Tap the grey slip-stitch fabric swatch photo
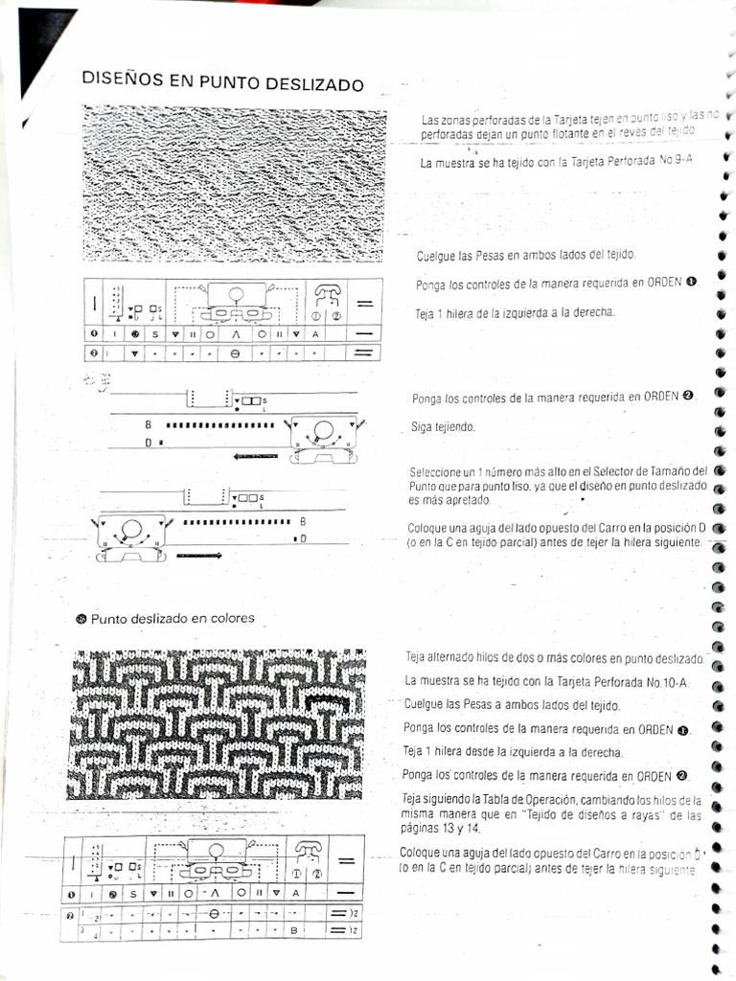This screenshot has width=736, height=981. click(235, 184)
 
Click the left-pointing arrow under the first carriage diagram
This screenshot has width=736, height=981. click(255, 456)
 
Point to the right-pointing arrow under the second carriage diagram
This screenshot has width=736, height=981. click(198, 554)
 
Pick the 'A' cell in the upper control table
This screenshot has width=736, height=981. click(314, 333)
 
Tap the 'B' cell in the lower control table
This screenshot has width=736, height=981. click(293, 930)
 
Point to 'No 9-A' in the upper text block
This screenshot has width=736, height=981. click(674, 162)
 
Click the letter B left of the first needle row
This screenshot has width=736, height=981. click(149, 424)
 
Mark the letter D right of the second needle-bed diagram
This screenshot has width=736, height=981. click(303, 539)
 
